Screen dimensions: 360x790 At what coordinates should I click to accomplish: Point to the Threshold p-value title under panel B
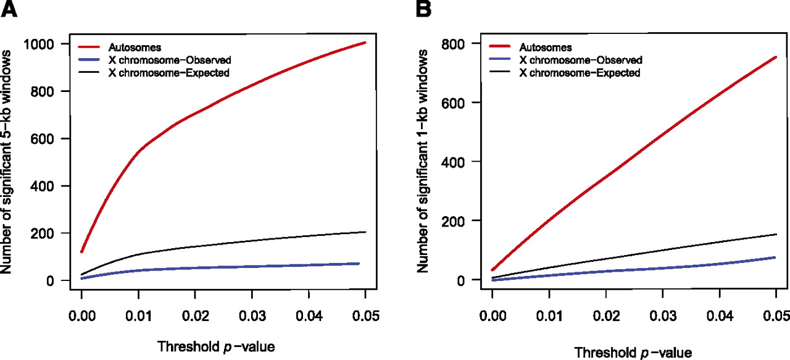pos(631,352)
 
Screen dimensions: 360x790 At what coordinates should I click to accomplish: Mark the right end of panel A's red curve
pos(365,43)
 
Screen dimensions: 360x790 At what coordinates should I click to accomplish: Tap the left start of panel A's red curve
pos(81,251)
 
